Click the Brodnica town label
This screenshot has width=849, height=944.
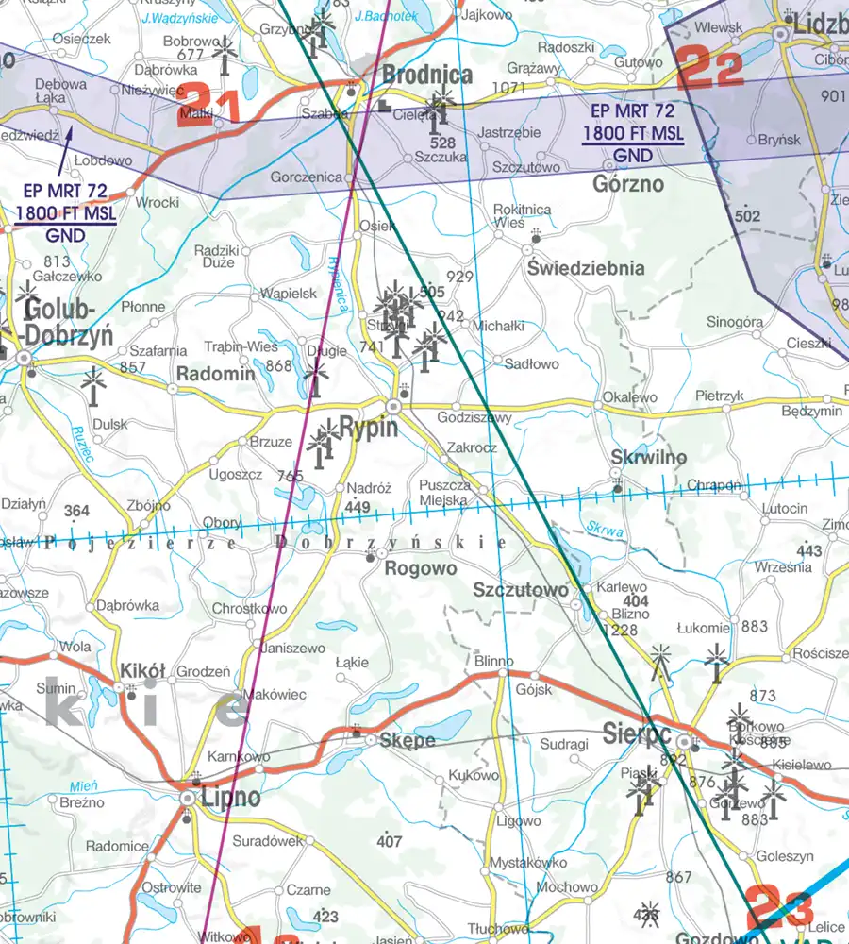coord(426,76)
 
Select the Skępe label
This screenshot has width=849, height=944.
coord(407,740)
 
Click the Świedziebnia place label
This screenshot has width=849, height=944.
coord(586,268)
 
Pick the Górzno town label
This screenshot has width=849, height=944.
coord(627,184)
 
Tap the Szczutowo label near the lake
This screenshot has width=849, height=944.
coord(520,589)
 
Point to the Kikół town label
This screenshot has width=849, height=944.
coord(142,671)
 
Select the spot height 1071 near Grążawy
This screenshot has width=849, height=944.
coord(508,88)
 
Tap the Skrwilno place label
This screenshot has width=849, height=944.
coord(648,458)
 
